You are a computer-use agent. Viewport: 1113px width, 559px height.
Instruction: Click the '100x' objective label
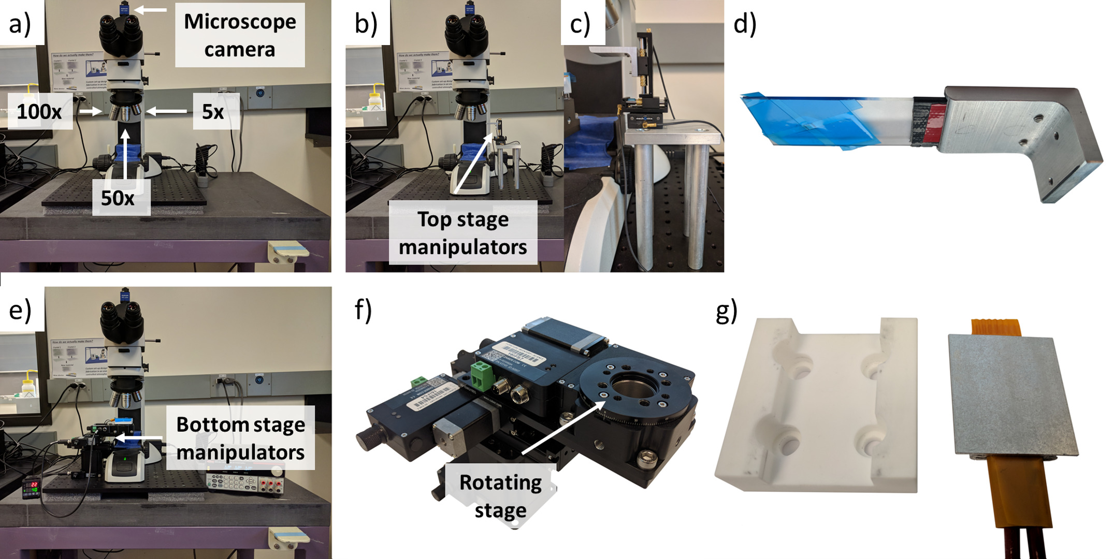click(39, 111)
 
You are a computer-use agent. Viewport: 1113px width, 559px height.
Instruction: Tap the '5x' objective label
click(213, 111)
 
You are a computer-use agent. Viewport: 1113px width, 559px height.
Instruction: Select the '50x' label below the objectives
click(118, 198)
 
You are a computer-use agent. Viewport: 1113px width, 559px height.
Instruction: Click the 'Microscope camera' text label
click(240, 35)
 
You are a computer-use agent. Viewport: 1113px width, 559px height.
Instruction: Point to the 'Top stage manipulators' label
click(463, 233)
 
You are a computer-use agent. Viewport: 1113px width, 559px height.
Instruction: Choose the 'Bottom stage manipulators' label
click(240, 438)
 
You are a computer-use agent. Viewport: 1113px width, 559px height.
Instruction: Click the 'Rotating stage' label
click(500, 496)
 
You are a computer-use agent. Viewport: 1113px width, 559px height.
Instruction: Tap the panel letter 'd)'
click(745, 24)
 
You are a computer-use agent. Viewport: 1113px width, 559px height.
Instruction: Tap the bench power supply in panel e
click(245, 481)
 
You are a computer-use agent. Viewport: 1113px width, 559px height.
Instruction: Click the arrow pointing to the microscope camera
click(150, 9)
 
